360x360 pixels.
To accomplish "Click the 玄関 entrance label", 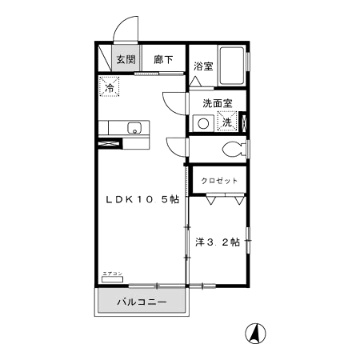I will [124, 59].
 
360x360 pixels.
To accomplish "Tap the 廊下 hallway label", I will [164, 59].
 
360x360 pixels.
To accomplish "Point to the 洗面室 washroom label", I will [216, 103].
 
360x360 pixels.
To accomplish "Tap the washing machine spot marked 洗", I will [227, 123].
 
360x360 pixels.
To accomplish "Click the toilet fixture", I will [233, 148].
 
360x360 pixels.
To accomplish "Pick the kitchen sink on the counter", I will [134, 127].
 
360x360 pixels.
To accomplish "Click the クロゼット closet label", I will [218, 181].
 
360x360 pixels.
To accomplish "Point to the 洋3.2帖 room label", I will [218, 242].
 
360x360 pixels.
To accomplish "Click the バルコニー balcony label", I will [141, 303].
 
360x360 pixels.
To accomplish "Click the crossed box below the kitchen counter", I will [108, 144].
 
